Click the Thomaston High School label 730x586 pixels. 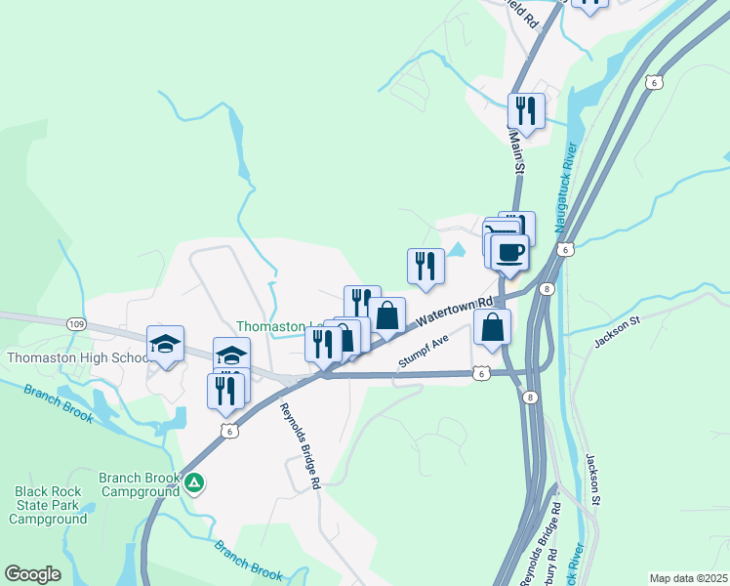click(77, 357)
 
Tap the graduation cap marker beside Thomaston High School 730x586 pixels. click(165, 344)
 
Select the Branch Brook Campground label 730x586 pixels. click(141, 484)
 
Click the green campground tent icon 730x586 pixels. click(195, 481)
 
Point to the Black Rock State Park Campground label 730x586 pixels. click(49, 505)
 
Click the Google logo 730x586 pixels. click(32, 574)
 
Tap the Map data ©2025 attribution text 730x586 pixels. click(688, 578)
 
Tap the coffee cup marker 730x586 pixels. click(508, 254)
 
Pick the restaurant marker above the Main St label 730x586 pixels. click(526, 110)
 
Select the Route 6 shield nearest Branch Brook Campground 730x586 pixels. click(228, 431)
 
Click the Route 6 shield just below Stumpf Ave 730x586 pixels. click(480, 372)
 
